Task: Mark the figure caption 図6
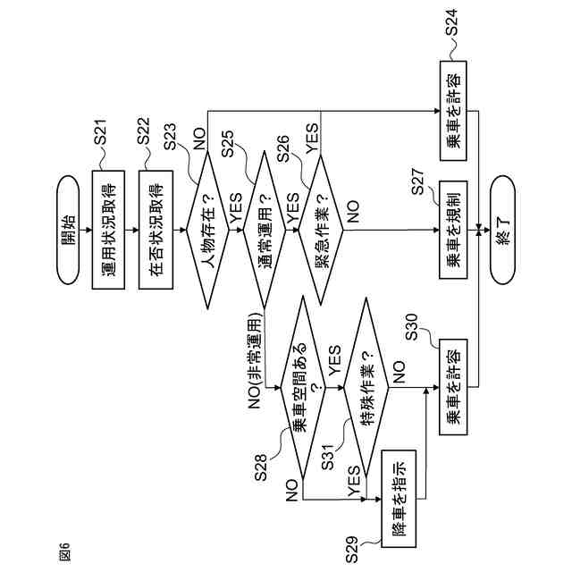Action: pos(63,551)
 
